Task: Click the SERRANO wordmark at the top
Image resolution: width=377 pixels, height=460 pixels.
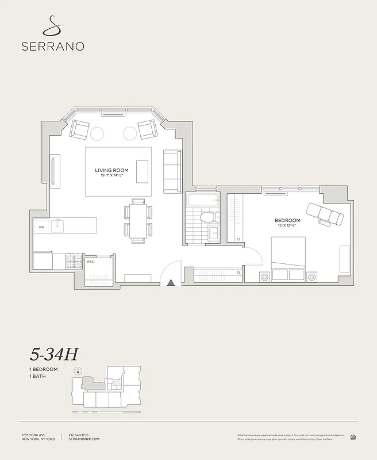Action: pyautogui.click(x=53, y=46)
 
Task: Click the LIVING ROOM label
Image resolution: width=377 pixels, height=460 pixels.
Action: pyautogui.click(x=112, y=170)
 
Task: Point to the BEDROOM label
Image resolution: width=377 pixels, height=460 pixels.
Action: pyautogui.click(x=287, y=220)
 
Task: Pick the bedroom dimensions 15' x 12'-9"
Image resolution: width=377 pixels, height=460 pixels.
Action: pyautogui.click(x=287, y=227)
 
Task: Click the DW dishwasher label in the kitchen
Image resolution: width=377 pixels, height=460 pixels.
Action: pyautogui.click(x=41, y=228)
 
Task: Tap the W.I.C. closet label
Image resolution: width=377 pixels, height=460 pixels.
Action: pyautogui.click(x=90, y=262)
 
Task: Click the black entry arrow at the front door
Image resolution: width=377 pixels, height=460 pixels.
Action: pyautogui.click(x=171, y=282)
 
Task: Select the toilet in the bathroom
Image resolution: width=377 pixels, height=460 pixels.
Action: pyautogui.click(x=207, y=217)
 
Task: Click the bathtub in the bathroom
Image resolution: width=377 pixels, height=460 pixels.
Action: pyautogui.click(x=202, y=201)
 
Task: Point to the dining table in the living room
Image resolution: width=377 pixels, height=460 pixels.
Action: pyautogui.click(x=138, y=221)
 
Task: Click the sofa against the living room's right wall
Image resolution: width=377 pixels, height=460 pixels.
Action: pyautogui.click(x=172, y=171)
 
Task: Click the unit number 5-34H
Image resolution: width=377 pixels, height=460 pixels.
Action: pyautogui.click(x=54, y=354)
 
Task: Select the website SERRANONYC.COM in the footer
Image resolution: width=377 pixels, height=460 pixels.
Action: pyautogui.click(x=84, y=439)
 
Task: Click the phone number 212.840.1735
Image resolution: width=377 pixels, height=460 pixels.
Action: pyautogui.click(x=80, y=435)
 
